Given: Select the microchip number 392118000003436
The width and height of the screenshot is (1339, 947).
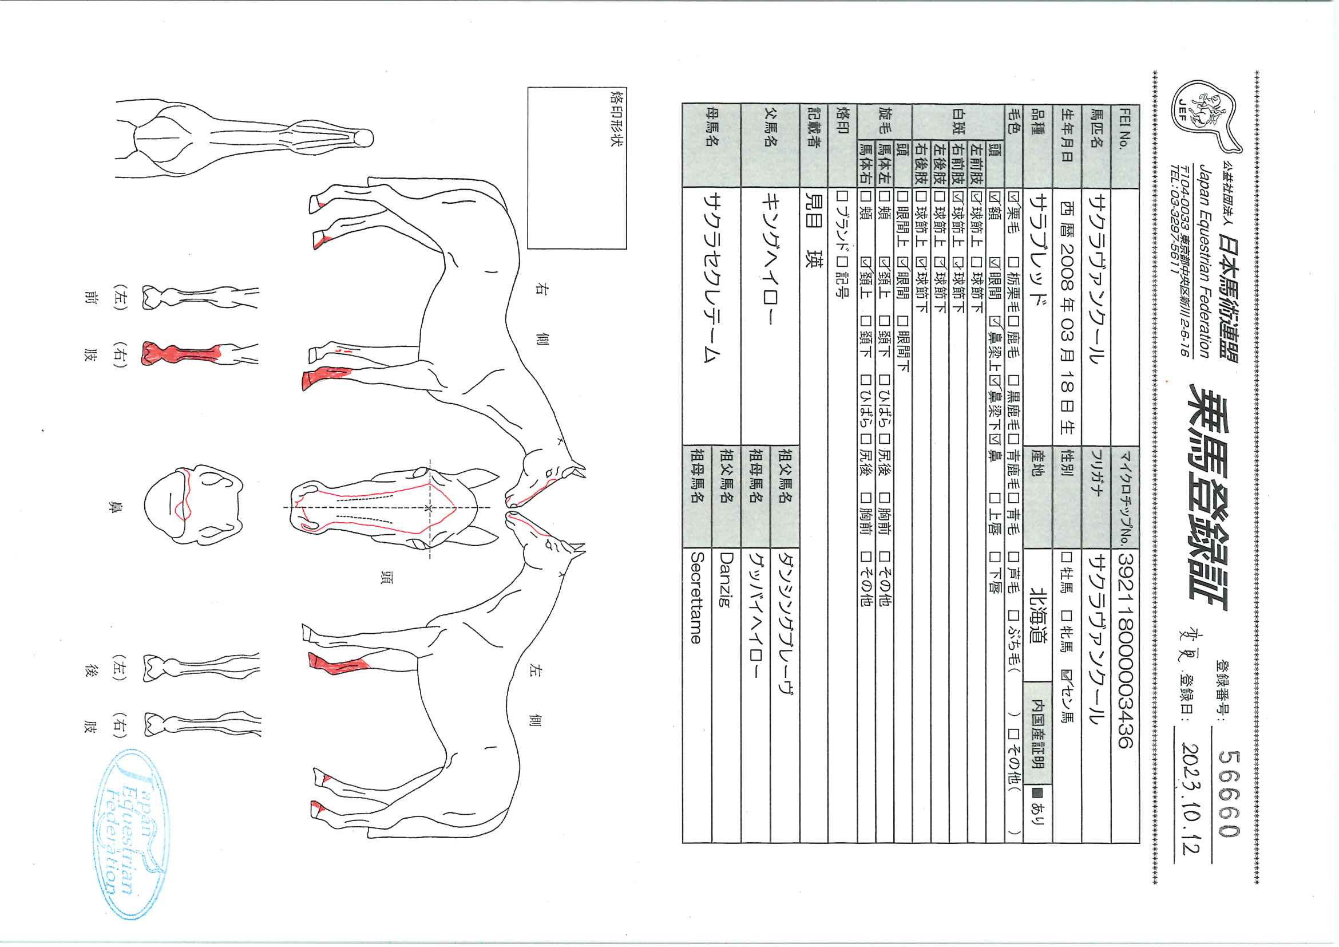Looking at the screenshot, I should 1124,650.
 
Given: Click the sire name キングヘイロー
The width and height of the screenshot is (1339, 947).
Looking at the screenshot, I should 769,259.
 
